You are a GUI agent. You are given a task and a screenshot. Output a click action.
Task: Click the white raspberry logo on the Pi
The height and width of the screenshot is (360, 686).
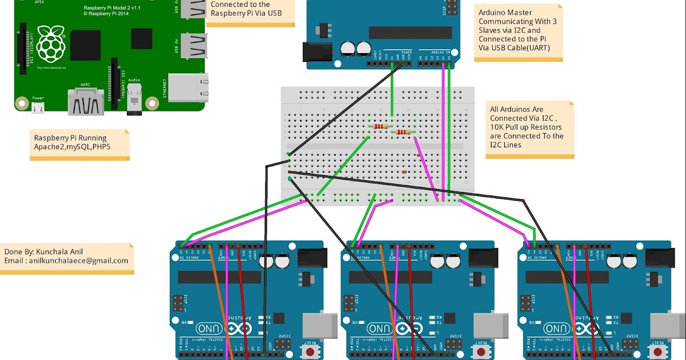click(x=51, y=43)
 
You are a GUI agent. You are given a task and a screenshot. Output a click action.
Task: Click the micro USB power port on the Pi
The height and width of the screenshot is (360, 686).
click(x=38, y=107)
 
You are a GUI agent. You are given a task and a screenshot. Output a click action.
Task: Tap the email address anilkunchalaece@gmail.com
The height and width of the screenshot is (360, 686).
click(x=79, y=261)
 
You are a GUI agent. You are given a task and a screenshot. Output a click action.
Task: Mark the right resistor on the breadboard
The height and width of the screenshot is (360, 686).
click(x=404, y=133)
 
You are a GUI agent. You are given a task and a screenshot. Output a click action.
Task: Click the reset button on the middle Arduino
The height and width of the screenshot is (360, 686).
click(x=481, y=351)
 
